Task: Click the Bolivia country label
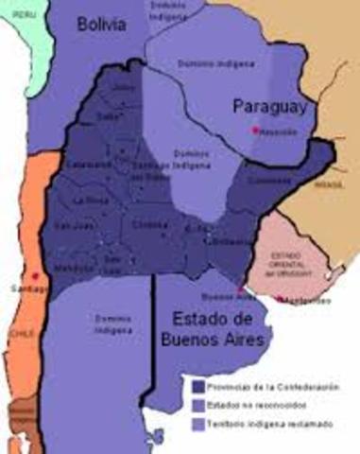coord(101,26)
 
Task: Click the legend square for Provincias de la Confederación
coord(197,385)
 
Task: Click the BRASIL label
coord(328,185)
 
